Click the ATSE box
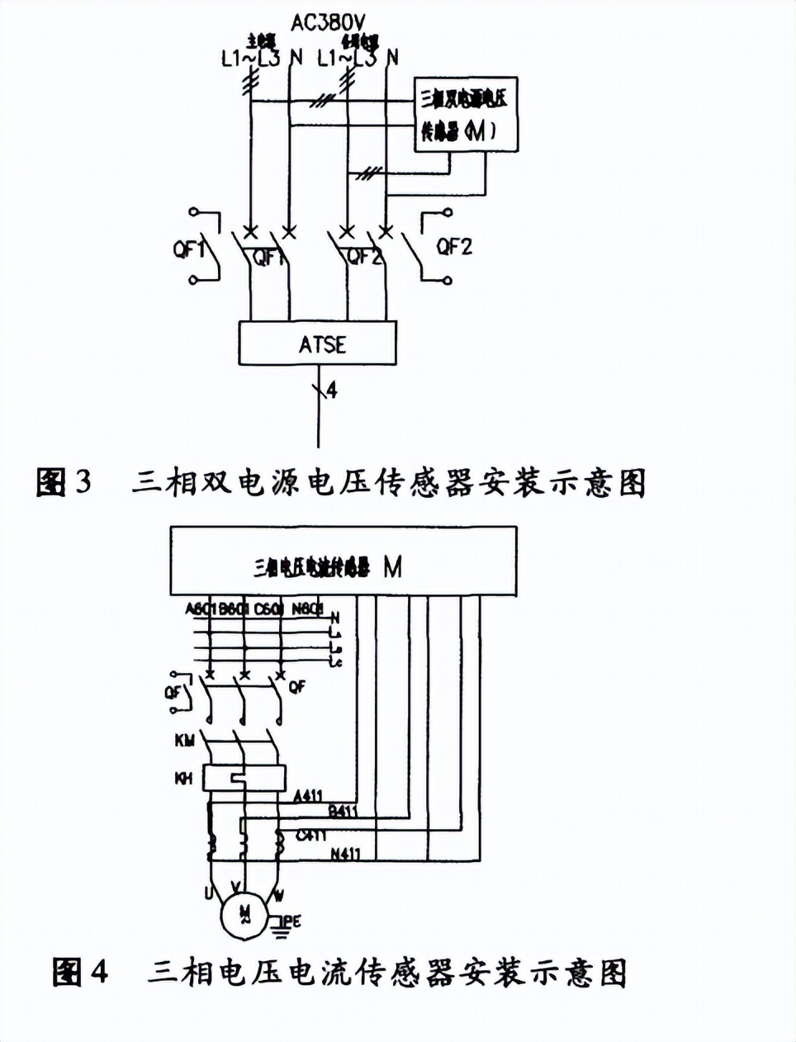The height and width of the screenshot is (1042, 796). coord(318,343)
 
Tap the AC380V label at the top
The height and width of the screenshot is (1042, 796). coord(328,22)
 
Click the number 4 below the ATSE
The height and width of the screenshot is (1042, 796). coord(331,389)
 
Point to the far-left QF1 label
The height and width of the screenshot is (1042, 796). coord(187,247)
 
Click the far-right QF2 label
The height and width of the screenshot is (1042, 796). coord(454,246)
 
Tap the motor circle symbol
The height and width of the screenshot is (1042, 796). coord(244,912)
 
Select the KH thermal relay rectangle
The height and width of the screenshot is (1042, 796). coord(245,778)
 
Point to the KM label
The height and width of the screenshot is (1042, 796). coord(184,741)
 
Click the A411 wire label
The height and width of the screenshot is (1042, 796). coord(308,797)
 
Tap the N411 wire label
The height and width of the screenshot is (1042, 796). coord(345,854)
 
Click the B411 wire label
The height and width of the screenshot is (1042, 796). coord(343,811)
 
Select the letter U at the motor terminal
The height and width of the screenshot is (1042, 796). coord(209,893)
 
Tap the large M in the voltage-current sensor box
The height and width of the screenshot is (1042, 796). coord(393,567)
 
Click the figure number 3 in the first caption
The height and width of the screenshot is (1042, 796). coord(83,481)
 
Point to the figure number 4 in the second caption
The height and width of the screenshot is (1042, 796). coord(98,972)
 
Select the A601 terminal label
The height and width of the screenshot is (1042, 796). coord(201,609)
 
